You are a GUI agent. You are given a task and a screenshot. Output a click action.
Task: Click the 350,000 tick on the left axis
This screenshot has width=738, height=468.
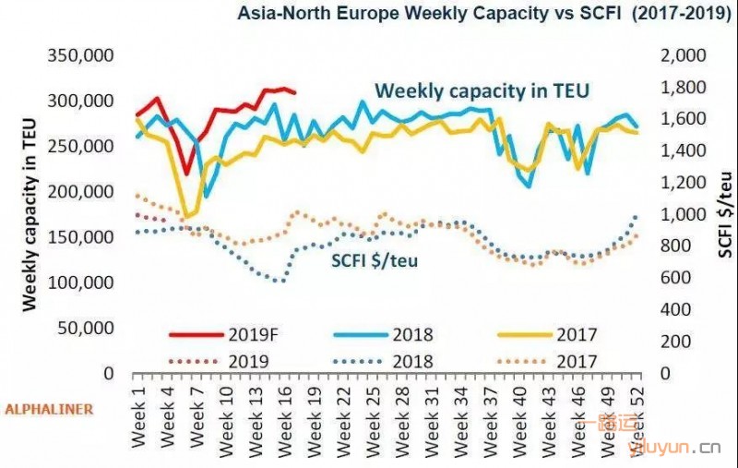80,55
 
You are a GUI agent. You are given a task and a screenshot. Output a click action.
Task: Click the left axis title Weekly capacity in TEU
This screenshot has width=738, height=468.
30,213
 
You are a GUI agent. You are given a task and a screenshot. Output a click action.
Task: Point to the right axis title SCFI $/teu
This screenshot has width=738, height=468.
726,213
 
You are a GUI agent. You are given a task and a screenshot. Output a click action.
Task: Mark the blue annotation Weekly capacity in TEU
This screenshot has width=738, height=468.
482,90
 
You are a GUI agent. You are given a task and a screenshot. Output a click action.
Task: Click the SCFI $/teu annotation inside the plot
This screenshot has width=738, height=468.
375,260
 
